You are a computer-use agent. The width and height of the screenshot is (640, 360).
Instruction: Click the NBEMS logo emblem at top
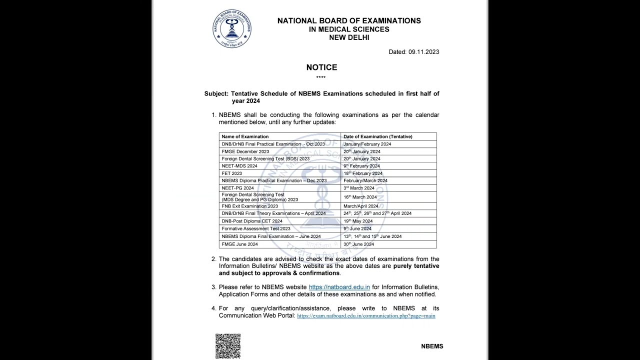click(x=232, y=28)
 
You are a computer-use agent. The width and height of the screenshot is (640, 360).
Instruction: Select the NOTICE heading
click(x=321, y=67)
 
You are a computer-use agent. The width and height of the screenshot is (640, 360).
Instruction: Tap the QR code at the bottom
click(x=228, y=346)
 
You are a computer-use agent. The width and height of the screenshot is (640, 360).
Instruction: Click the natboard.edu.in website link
click(x=339, y=287)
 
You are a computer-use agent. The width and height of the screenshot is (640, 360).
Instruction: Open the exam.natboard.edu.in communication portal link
click(x=366, y=316)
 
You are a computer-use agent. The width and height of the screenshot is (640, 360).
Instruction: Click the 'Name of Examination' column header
click(x=245, y=136)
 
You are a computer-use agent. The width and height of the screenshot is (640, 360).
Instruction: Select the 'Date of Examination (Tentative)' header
click(x=377, y=136)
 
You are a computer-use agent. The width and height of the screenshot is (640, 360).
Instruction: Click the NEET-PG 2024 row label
click(x=238, y=188)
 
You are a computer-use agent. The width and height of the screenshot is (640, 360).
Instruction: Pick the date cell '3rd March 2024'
click(x=359, y=188)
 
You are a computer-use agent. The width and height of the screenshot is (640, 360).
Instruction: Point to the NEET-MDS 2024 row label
click(x=239, y=166)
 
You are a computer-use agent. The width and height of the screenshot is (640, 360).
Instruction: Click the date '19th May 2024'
click(x=358, y=221)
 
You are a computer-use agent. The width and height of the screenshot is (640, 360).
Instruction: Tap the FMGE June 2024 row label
click(x=239, y=244)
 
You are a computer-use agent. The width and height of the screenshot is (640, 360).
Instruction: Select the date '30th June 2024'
click(x=358, y=244)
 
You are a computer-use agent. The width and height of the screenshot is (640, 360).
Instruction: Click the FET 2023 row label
click(x=232, y=173)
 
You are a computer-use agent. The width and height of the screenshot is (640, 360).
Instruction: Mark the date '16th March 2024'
click(x=360, y=197)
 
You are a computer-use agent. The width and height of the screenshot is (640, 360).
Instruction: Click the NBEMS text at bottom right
click(x=432, y=346)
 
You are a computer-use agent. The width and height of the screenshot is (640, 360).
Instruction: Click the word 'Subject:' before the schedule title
click(x=216, y=93)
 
